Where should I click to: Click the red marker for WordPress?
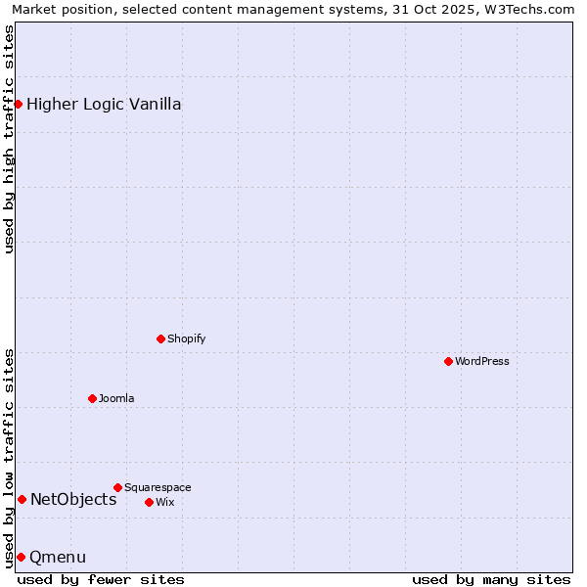[x=448, y=361]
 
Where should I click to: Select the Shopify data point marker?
[x=160, y=339]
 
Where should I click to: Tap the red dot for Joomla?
[x=92, y=398]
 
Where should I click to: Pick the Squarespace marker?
[x=117, y=487]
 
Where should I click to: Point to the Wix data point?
[x=149, y=502]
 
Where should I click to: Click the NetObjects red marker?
[x=22, y=499]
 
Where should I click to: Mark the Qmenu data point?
[x=21, y=557]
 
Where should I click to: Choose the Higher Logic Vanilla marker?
[x=18, y=104]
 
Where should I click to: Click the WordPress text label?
[x=482, y=361]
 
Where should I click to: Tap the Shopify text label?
[x=187, y=339]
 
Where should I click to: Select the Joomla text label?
[x=116, y=398]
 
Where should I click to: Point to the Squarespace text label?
[x=158, y=487]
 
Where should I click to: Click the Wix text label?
[x=165, y=502]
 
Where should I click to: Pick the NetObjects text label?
[x=73, y=499]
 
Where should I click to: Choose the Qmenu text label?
[x=58, y=557]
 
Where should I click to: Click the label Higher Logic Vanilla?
[x=104, y=104]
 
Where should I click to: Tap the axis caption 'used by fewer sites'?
[x=101, y=579]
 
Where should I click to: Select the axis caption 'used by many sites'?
[x=491, y=579]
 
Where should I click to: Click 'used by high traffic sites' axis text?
[x=9, y=139]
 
